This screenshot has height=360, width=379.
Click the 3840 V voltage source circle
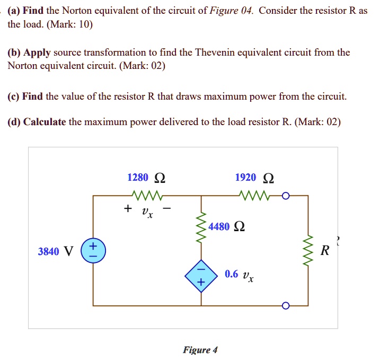pos(93,251)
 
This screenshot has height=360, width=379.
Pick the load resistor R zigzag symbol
pos(307,251)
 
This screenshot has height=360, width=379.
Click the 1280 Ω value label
pos(146,177)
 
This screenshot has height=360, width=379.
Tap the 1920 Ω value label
pos(255,177)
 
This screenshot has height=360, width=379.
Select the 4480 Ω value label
pos(226,227)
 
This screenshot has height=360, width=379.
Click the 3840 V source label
pos(55,251)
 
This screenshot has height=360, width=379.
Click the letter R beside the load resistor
pos(325,251)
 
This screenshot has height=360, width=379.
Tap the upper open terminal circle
pos(286,196)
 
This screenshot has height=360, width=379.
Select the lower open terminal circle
pos(286,306)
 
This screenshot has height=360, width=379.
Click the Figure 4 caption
pos(200,350)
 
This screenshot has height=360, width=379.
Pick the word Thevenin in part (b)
pos(217,52)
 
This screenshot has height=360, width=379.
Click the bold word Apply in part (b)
pos(37,52)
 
